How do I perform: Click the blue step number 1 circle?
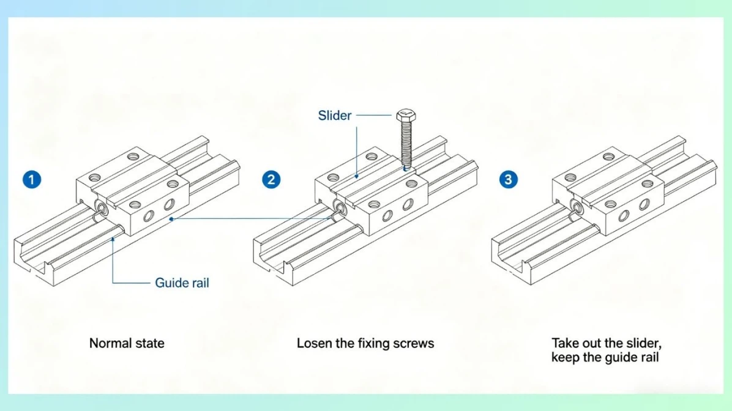31,180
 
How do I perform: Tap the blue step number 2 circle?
271,180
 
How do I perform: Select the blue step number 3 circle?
509,180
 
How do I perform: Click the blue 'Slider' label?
335,115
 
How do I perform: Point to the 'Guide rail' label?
182,283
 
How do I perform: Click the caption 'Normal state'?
127,343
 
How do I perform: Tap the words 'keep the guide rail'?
605,357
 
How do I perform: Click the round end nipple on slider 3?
576,206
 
